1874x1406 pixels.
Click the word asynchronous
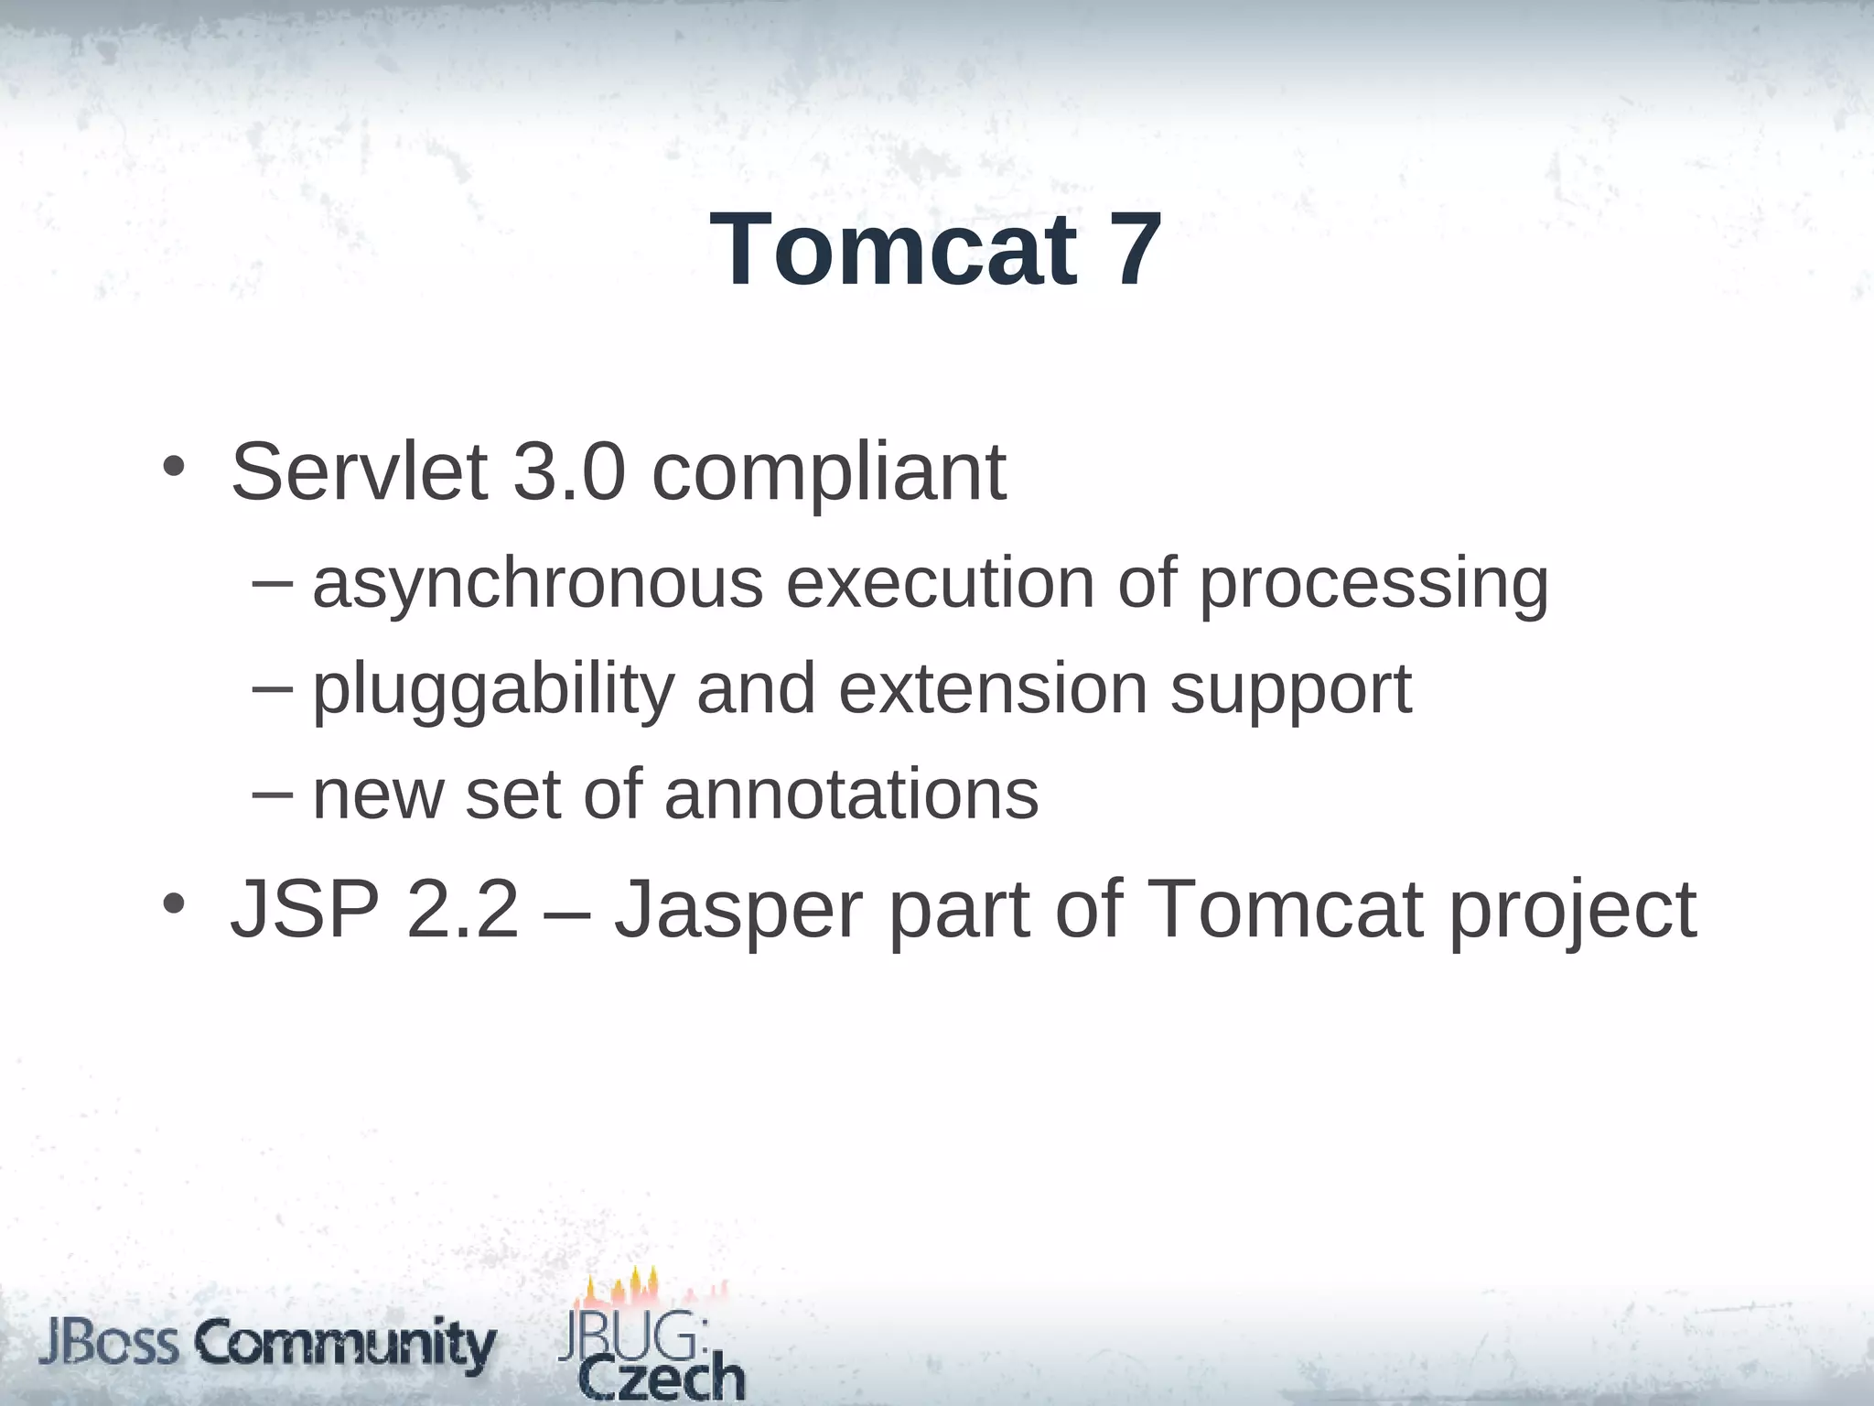pos(538,584)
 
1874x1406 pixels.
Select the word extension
pos(993,688)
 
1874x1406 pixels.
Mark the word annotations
pos(851,794)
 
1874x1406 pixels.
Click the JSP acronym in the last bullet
pos(305,909)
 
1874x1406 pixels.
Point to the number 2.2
pos(462,909)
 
